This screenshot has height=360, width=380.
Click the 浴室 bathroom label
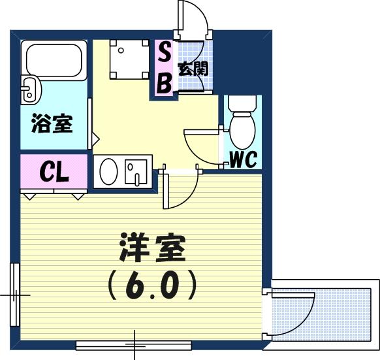coord(52,123)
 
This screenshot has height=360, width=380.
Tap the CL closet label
coord(54,172)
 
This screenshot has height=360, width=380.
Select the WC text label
coord(243,159)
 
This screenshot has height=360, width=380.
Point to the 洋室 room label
coord(153,248)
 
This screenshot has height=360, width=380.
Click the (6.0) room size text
coord(152,286)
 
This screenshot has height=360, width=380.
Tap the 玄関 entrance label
coord(193,69)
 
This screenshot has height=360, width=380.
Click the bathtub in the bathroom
coord(54,60)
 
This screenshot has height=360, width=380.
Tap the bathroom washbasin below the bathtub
coord(31,90)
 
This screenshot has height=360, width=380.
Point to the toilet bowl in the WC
coord(242,131)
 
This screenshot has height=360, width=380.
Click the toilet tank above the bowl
coord(242,103)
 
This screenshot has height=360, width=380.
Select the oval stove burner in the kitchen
coord(108,172)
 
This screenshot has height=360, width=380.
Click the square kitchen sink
coord(136,172)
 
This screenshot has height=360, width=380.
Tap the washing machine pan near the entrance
coord(129,59)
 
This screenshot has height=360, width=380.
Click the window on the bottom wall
coord(134,346)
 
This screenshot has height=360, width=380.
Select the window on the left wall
coord(14,295)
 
